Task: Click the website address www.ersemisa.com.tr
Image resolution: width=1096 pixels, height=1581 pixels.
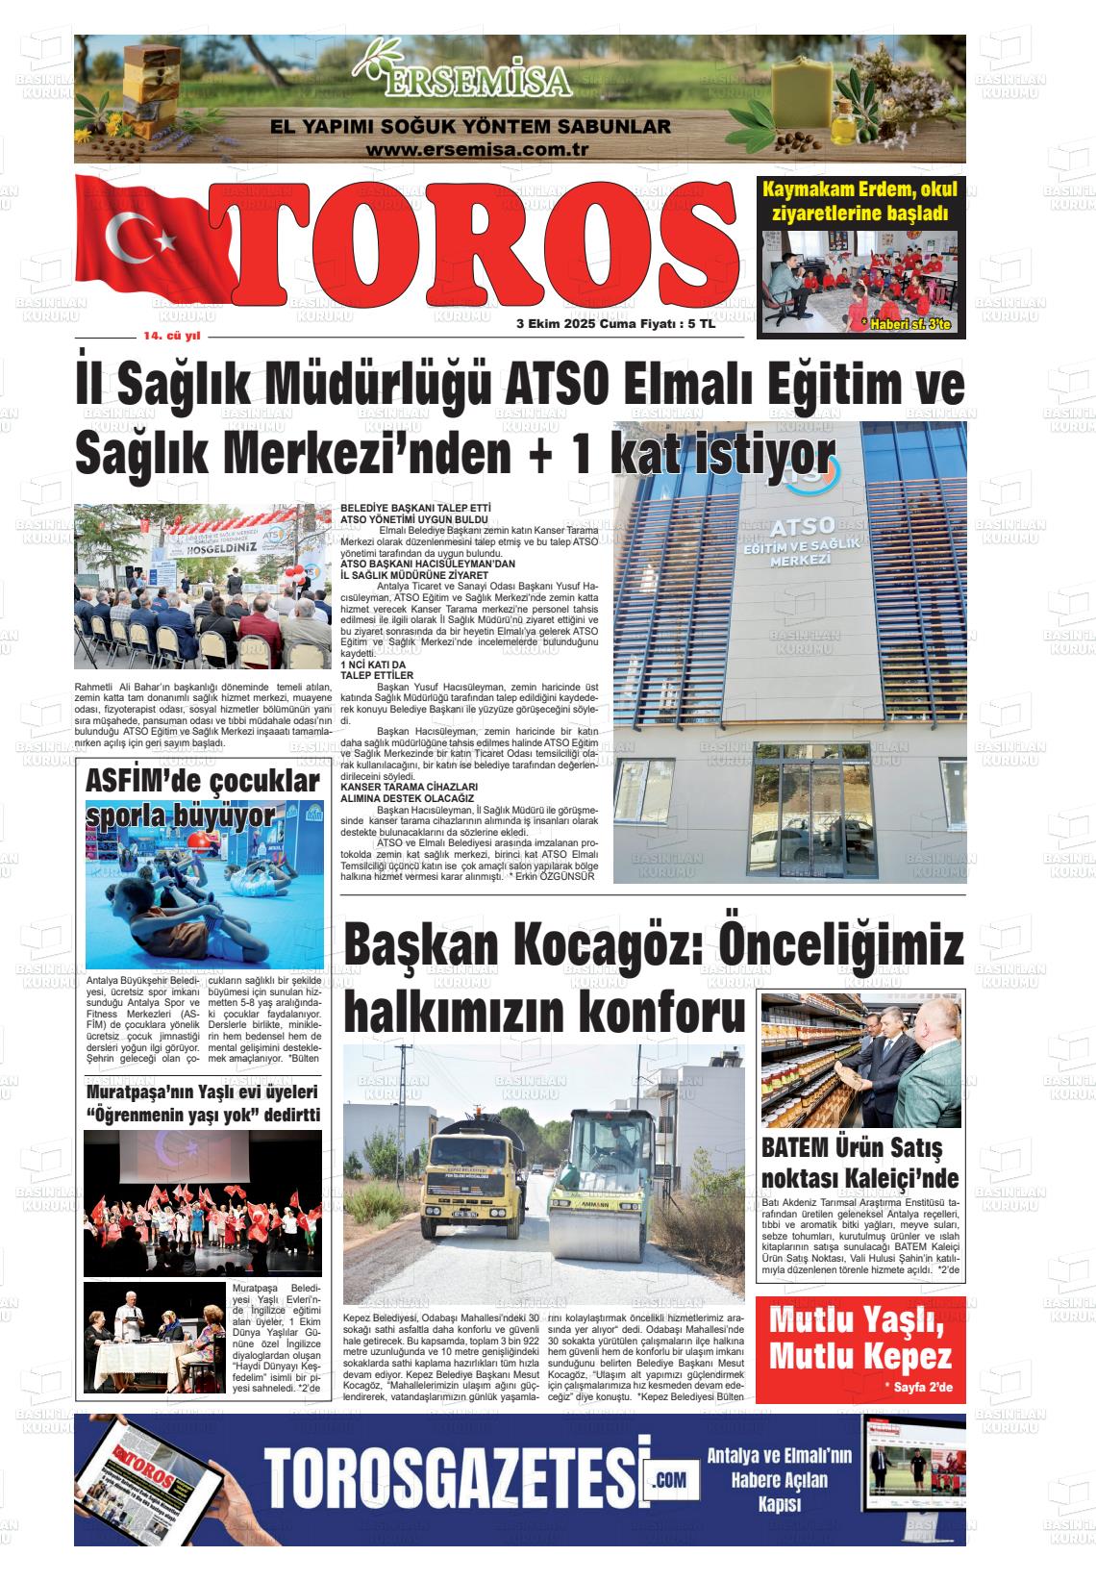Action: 477,150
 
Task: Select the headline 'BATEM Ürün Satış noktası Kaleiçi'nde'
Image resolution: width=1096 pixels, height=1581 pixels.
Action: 859,1164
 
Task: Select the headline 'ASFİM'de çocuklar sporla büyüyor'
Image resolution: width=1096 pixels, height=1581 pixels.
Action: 201,798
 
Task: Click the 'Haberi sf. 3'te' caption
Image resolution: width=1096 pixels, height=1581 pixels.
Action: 906,324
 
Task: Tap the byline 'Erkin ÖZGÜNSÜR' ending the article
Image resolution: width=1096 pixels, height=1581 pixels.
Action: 557,877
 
